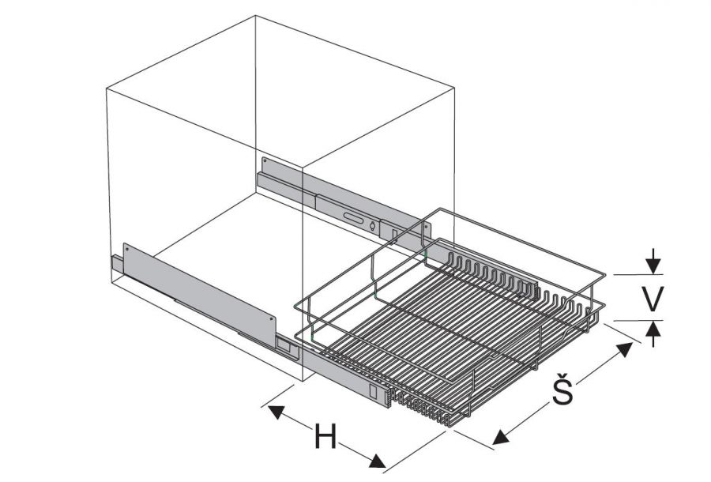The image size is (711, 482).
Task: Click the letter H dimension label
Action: (x=325, y=437)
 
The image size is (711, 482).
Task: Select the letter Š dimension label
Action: (x=562, y=388)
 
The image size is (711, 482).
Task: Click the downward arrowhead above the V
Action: (x=653, y=266)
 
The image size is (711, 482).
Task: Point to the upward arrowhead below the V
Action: (x=653, y=328)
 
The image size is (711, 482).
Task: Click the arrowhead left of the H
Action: (x=276, y=412)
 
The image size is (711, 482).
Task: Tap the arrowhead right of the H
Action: (x=378, y=461)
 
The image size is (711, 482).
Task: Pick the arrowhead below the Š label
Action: (x=501, y=437)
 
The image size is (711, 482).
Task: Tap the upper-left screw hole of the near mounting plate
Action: (x=126, y=249)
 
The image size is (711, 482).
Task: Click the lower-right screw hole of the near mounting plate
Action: (x=272, y=318)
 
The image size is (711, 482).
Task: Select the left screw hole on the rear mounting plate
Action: (x=265, y=160)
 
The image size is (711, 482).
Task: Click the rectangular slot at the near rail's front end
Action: (x=373, y=392)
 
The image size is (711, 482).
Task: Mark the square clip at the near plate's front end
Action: (x=284, y=345)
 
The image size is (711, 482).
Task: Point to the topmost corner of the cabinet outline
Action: (x=255, y=16)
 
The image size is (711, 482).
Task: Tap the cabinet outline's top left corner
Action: (x=107, y=87)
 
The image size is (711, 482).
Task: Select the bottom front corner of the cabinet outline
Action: (x=303, y=382)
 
